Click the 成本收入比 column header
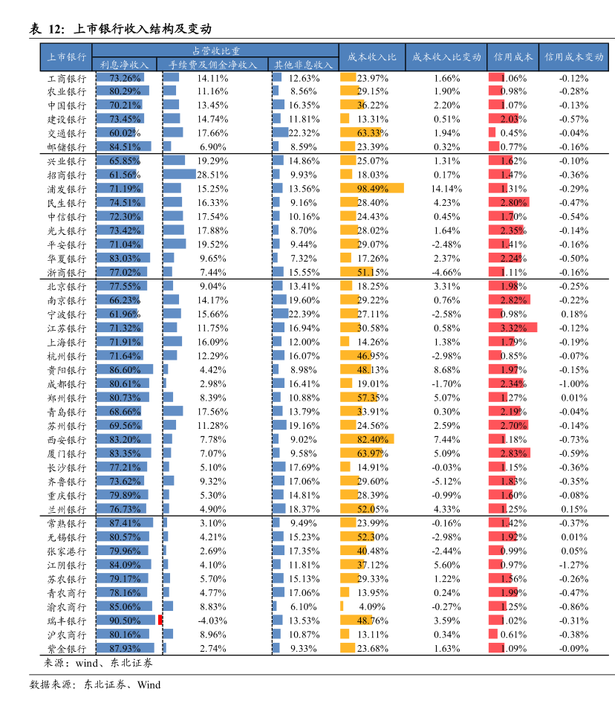pyautogui.click(x=372, y=57)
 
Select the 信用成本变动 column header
pyautogui.click(x=573, y=57)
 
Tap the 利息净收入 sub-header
pyautogui.click(x=124, y=65)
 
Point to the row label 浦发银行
pyautogui.click(x=67, y=190)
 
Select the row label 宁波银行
pyautogui.click(x=67, y=314)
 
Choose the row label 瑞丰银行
pyautogui.click(x=67, y=621)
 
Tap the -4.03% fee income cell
pyautogui.click(x=212, y=621)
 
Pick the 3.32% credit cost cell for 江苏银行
pyautogui.click(x=512, y=328)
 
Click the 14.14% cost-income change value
pyautogui.click(x=446, y=189)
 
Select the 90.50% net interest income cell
pyautogui.click(x=125, y=621)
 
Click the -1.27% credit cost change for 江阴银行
pyautogui.click(x=573, y=565)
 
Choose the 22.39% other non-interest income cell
pyautogui.click(x=303, y=314)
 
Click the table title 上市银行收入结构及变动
pyautogui.click(x=142, y=30)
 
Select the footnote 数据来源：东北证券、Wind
pyautogui.click(x=95, y=684)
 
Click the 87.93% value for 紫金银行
pyautogui.click(x=125, y=649)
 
